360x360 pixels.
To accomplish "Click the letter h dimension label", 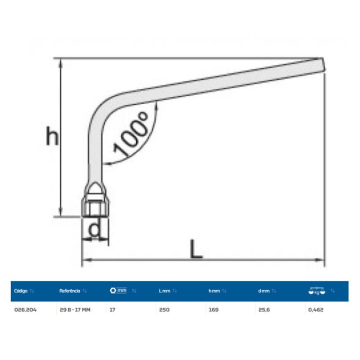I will point(52,136).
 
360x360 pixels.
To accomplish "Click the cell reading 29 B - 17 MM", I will point(74,310).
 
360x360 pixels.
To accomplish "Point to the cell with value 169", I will point(213,310).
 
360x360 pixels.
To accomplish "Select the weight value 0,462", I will point(315,310).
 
